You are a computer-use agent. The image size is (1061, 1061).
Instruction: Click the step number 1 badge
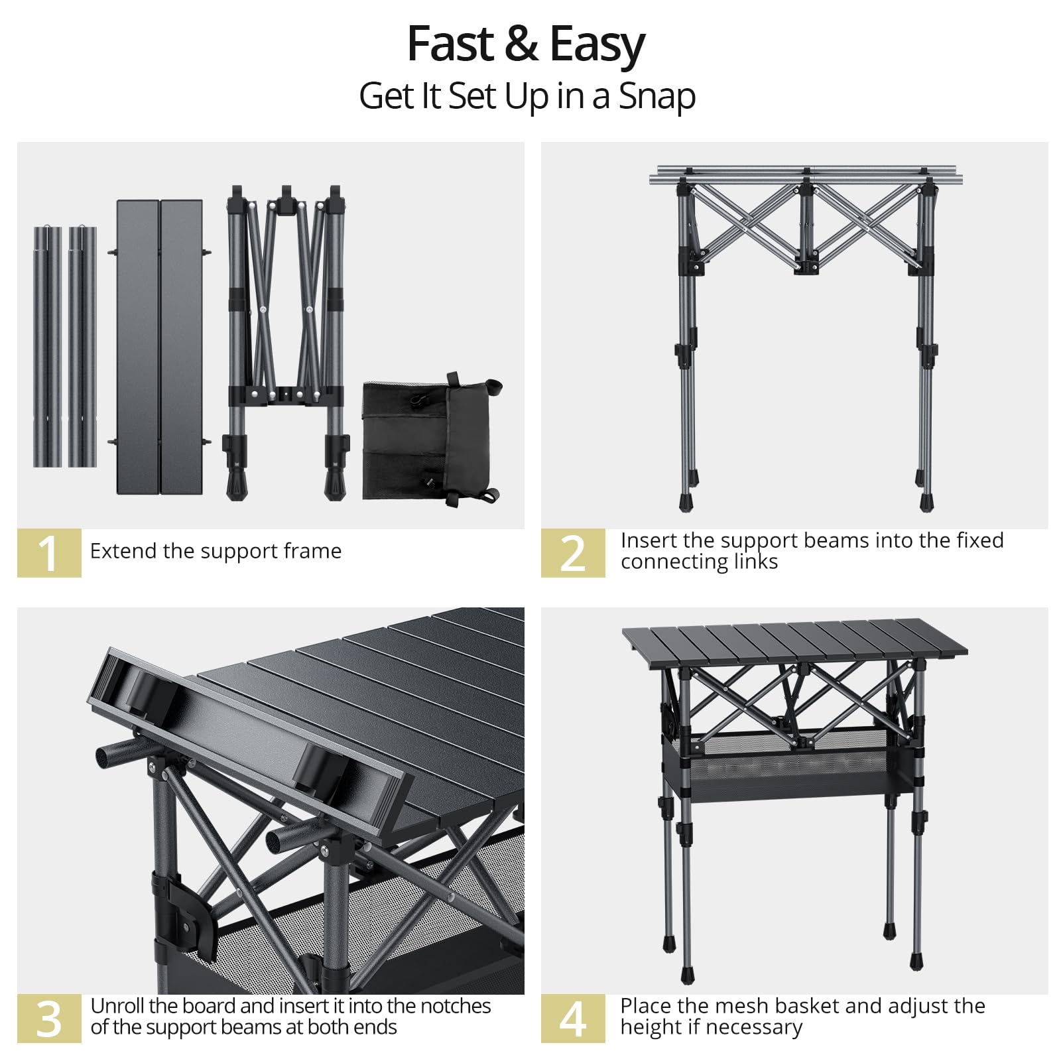tap(49, 552)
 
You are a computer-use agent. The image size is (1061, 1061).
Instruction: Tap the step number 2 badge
tap(573, 552)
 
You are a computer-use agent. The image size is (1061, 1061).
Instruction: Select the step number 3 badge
tap(49, 1019)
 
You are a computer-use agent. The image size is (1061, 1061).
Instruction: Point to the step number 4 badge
tap(573, 1019)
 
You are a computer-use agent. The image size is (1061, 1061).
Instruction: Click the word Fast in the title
tap(451, 44)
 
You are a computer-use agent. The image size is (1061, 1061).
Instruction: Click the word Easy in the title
tap(597, 46)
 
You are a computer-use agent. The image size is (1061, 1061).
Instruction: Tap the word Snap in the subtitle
tap(657, 97)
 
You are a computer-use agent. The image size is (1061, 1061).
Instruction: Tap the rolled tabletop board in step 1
tap(160, 347)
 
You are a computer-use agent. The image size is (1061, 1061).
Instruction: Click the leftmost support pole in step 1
tap(47, 347)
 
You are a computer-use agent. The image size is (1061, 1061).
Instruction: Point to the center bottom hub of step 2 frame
tap(807, 267)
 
